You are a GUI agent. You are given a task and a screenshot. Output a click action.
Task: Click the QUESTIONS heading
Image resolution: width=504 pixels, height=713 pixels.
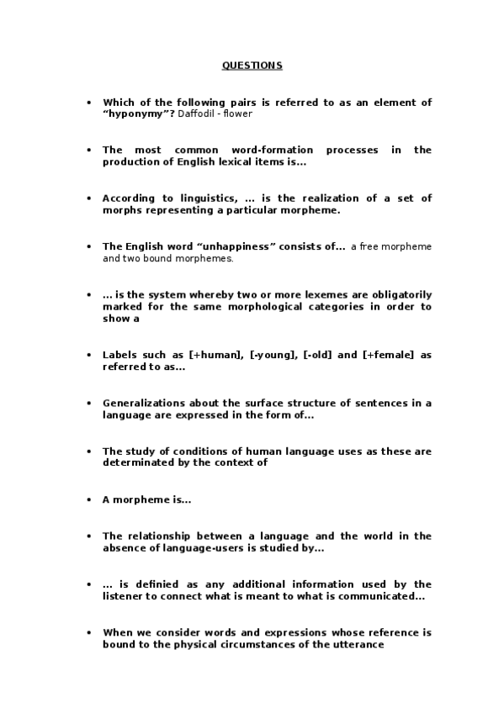click(252, 65)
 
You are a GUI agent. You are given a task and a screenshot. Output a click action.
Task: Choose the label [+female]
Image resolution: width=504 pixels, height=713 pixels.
click(388, 355)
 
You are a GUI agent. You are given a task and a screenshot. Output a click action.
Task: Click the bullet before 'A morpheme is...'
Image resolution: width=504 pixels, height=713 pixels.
click(89, 499)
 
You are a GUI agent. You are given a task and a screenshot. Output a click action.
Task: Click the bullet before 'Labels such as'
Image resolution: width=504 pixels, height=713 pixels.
click(89, 355)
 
